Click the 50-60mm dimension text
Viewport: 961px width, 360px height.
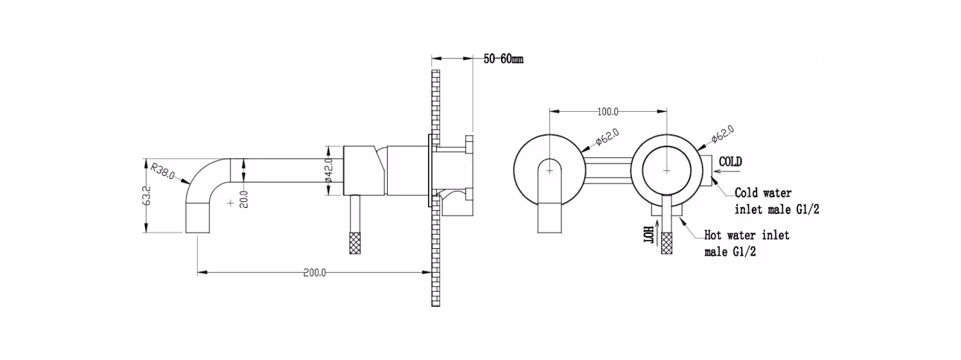point(503,59)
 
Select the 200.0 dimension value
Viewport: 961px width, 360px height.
point(314,273)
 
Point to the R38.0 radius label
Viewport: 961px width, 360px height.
point(163,170)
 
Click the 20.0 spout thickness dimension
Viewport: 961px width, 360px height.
point(244,200)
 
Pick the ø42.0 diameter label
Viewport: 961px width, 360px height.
point(329,170)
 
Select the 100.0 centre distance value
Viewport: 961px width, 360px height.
point(608,112)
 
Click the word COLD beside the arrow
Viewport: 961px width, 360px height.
point(730,162)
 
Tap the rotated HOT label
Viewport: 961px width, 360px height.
point(648,235)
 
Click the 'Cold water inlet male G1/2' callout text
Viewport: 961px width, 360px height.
point(777,201)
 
